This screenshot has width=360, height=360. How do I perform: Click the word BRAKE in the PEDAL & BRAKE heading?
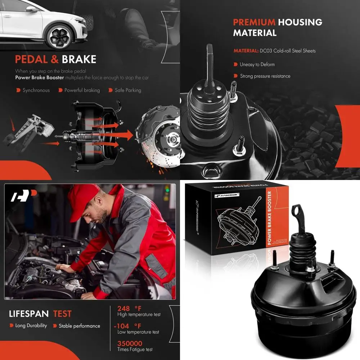coord(79,59)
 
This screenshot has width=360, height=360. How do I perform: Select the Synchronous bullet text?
coord(36,90)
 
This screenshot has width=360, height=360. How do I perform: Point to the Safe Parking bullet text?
coord(128,90)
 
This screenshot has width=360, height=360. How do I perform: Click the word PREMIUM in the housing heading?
coord(254,22)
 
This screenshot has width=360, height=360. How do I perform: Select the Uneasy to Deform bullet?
coord(257,64)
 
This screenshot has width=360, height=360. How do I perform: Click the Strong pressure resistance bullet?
coord(265,76)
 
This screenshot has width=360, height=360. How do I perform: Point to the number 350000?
coord(130,343)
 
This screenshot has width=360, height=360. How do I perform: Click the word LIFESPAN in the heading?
coord(29,314)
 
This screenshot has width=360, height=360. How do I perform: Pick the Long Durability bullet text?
coord(31,326)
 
